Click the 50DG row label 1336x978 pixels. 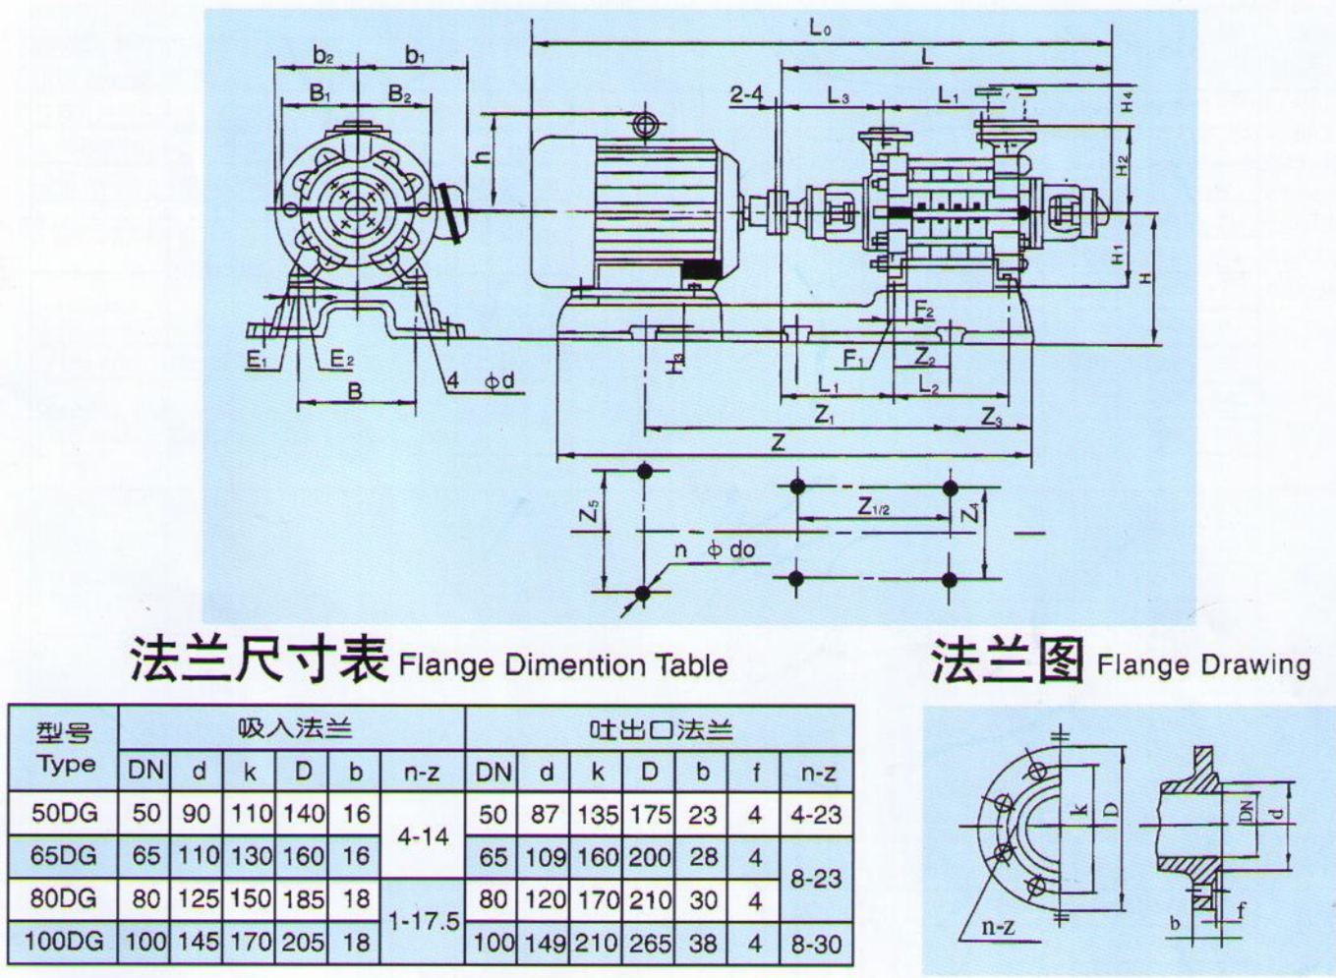64,814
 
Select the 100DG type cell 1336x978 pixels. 64,941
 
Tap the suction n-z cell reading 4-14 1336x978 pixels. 421,835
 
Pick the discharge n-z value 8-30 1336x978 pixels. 816,943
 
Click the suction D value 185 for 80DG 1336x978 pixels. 303,898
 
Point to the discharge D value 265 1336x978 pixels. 649,943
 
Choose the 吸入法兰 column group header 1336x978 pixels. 294,728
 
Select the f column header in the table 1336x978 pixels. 755,773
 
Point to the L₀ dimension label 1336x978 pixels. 820,28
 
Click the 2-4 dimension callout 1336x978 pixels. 746,94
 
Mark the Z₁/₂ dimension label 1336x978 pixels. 873,506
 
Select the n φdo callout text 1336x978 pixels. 715,548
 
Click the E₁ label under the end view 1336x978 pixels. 258,361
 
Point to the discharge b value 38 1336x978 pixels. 702,943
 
